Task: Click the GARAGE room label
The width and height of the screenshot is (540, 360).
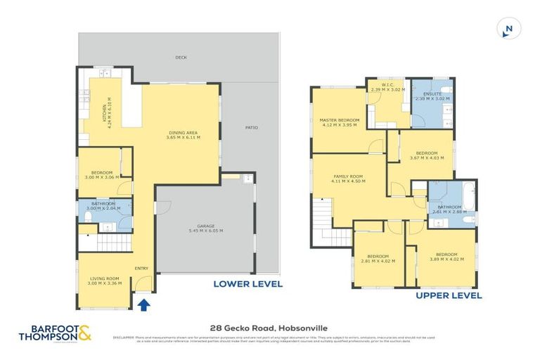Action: (x=205, y=227)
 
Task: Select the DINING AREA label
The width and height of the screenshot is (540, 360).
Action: (x=183, y=134)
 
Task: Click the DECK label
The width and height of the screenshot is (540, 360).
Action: (x=181, y=59)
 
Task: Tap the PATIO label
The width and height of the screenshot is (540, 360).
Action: (x=251, y=127)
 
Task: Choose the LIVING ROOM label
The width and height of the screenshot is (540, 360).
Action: (x=104, y=279)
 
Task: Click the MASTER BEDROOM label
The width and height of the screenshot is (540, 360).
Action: (x=340, y=120)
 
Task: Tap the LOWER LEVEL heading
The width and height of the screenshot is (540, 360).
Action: (x=248, y=284)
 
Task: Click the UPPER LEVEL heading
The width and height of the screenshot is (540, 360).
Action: (x=449, y=296)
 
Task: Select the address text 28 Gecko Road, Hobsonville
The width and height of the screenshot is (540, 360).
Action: (x=269, y=328)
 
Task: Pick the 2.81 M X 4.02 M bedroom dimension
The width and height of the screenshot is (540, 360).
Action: (x=377, y=260)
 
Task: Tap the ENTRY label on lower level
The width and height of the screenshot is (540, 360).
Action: (x=141, y=268)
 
